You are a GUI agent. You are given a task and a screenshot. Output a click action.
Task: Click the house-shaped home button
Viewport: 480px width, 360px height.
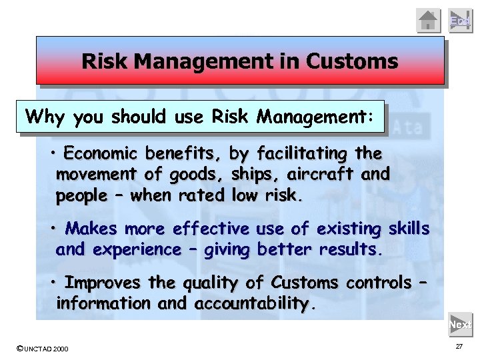pos(429,21)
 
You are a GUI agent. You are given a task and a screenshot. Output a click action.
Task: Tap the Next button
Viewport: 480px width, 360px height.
pos(460,325)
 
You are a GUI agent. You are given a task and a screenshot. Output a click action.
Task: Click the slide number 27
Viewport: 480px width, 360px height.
pos(459,347)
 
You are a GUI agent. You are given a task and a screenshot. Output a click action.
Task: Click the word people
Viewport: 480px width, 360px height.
pos(81,197)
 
